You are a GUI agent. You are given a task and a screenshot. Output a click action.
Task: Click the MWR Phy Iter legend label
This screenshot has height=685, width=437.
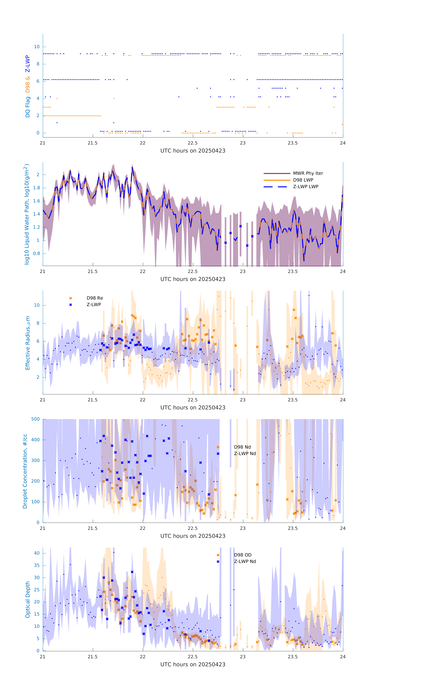(308, 173)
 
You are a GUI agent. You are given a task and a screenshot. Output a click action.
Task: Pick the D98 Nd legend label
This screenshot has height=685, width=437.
(242, 447)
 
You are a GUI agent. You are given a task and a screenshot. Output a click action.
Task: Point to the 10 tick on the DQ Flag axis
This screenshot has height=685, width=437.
(37, 47)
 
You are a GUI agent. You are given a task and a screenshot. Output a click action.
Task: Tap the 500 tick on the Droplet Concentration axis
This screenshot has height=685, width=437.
(36, 419)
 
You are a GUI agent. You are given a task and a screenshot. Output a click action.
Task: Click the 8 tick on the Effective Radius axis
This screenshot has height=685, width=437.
(38, 323)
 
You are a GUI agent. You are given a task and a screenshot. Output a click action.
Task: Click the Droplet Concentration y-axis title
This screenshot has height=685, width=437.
(25, 471)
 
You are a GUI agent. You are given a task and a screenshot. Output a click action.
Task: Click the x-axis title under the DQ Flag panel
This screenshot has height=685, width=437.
(193, 151)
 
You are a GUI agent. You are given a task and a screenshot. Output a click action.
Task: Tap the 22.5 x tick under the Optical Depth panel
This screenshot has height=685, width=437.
(192, 657)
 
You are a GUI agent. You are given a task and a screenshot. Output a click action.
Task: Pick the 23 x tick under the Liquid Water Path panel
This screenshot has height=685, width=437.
(243, 271)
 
